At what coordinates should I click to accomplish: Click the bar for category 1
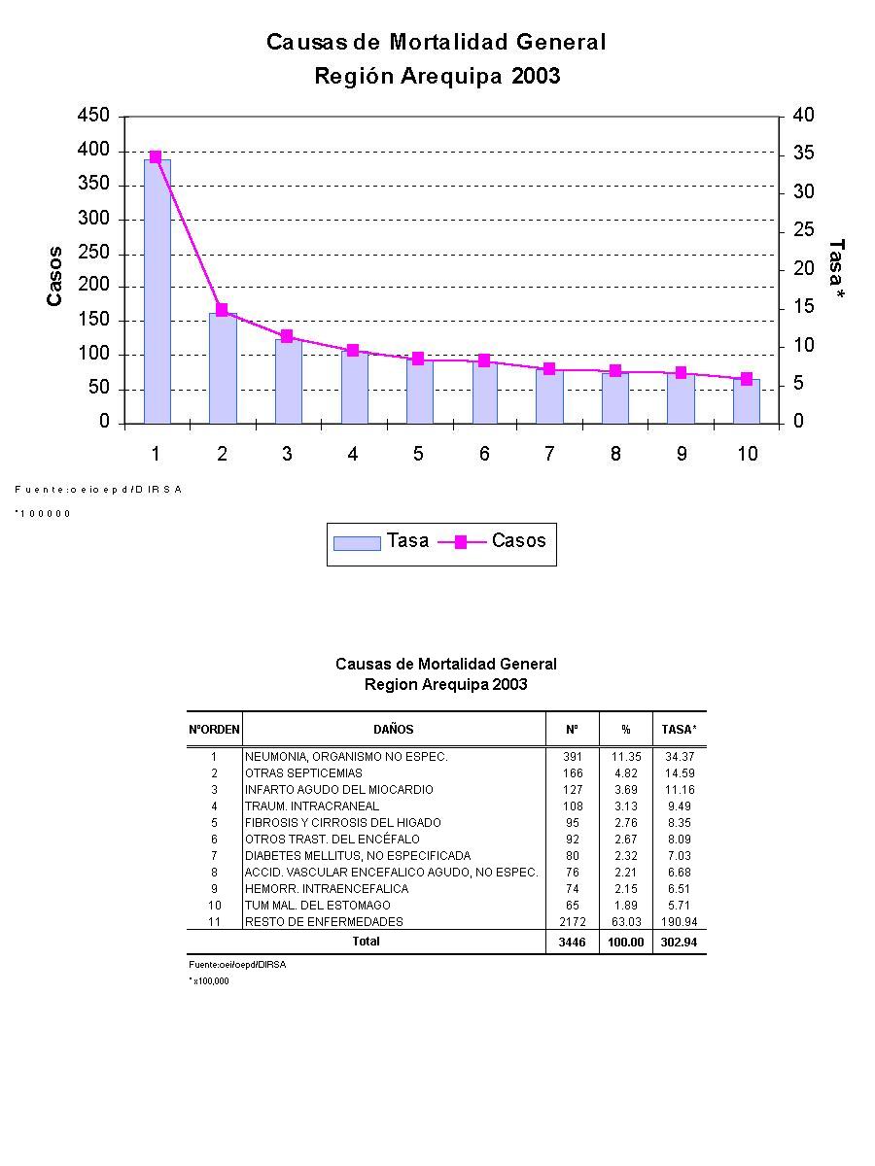pyautogui.click(x=157, y=291)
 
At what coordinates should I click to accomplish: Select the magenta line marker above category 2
pyautogui.click(x=222, y=310)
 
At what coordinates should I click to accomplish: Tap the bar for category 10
pyautogui.click(x=747, y=401)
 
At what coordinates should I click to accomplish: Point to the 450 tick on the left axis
pyautogui.click(x=93, y=116)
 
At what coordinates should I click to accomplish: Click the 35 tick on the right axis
pyautogui.click(x=803, y=154)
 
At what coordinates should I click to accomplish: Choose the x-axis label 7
pyautogui.click(x=549, y=454)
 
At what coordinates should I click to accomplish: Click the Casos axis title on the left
pyautogui.click(x=55, y=277)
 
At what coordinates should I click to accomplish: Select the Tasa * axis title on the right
pyautogui.click(x=835, y=268)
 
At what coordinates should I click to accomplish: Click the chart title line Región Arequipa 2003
pyautogui.click(x=437, y=76)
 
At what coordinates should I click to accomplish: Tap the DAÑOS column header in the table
pyautogui.click(x=393, y=730)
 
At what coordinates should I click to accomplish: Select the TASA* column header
pyautogui.click(x=679, y=730)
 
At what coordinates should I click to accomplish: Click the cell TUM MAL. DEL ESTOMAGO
pyautogui.click(x=318, y=905)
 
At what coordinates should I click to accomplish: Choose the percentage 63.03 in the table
pyautogui.click(x=626, y=921)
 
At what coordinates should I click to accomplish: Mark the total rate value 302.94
pyautogui.click(x=679, y=943)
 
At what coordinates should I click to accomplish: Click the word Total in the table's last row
pyautogui.click(x=367, y=942)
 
